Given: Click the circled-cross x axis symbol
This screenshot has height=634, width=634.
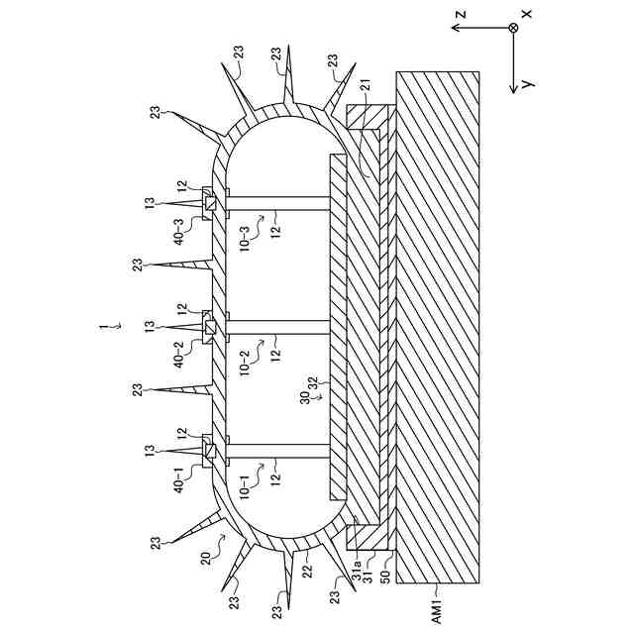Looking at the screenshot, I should (513, 28).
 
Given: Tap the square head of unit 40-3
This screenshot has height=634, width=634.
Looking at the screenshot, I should (210, 204).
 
